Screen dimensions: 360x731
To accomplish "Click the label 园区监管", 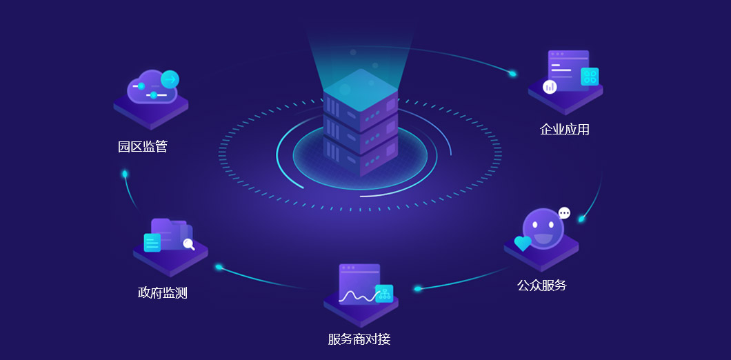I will (x=143, y=146).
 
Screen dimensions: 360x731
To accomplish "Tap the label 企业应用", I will (x=564, y=129).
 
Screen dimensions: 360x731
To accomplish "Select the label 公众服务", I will (x=541, y=285).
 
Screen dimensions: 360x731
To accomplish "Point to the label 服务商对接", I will (x=359, y=339).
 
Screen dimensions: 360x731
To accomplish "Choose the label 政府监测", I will (x=162, y=292).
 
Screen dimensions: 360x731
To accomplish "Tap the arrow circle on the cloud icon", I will (x=170, y=79).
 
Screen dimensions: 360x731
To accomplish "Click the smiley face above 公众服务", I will (x=543, y=228).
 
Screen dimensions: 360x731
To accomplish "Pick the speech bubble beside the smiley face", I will (x=565, y=213).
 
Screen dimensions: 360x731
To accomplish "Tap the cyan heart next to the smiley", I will (x=523, y=243).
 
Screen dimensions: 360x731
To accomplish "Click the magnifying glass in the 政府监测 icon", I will (x=188, y=243).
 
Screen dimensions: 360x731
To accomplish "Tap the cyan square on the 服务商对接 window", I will (x=384, y=294).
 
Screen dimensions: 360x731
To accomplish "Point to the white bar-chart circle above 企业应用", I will (x=550, y=86).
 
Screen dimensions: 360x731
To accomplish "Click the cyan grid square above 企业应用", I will (x=590, y=77).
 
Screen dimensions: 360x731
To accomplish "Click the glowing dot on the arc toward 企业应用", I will (x=512, y=73).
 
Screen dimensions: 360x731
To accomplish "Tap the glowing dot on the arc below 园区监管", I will (x=125, y=174).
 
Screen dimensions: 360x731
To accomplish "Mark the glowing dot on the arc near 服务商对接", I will (x=418, y=289).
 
